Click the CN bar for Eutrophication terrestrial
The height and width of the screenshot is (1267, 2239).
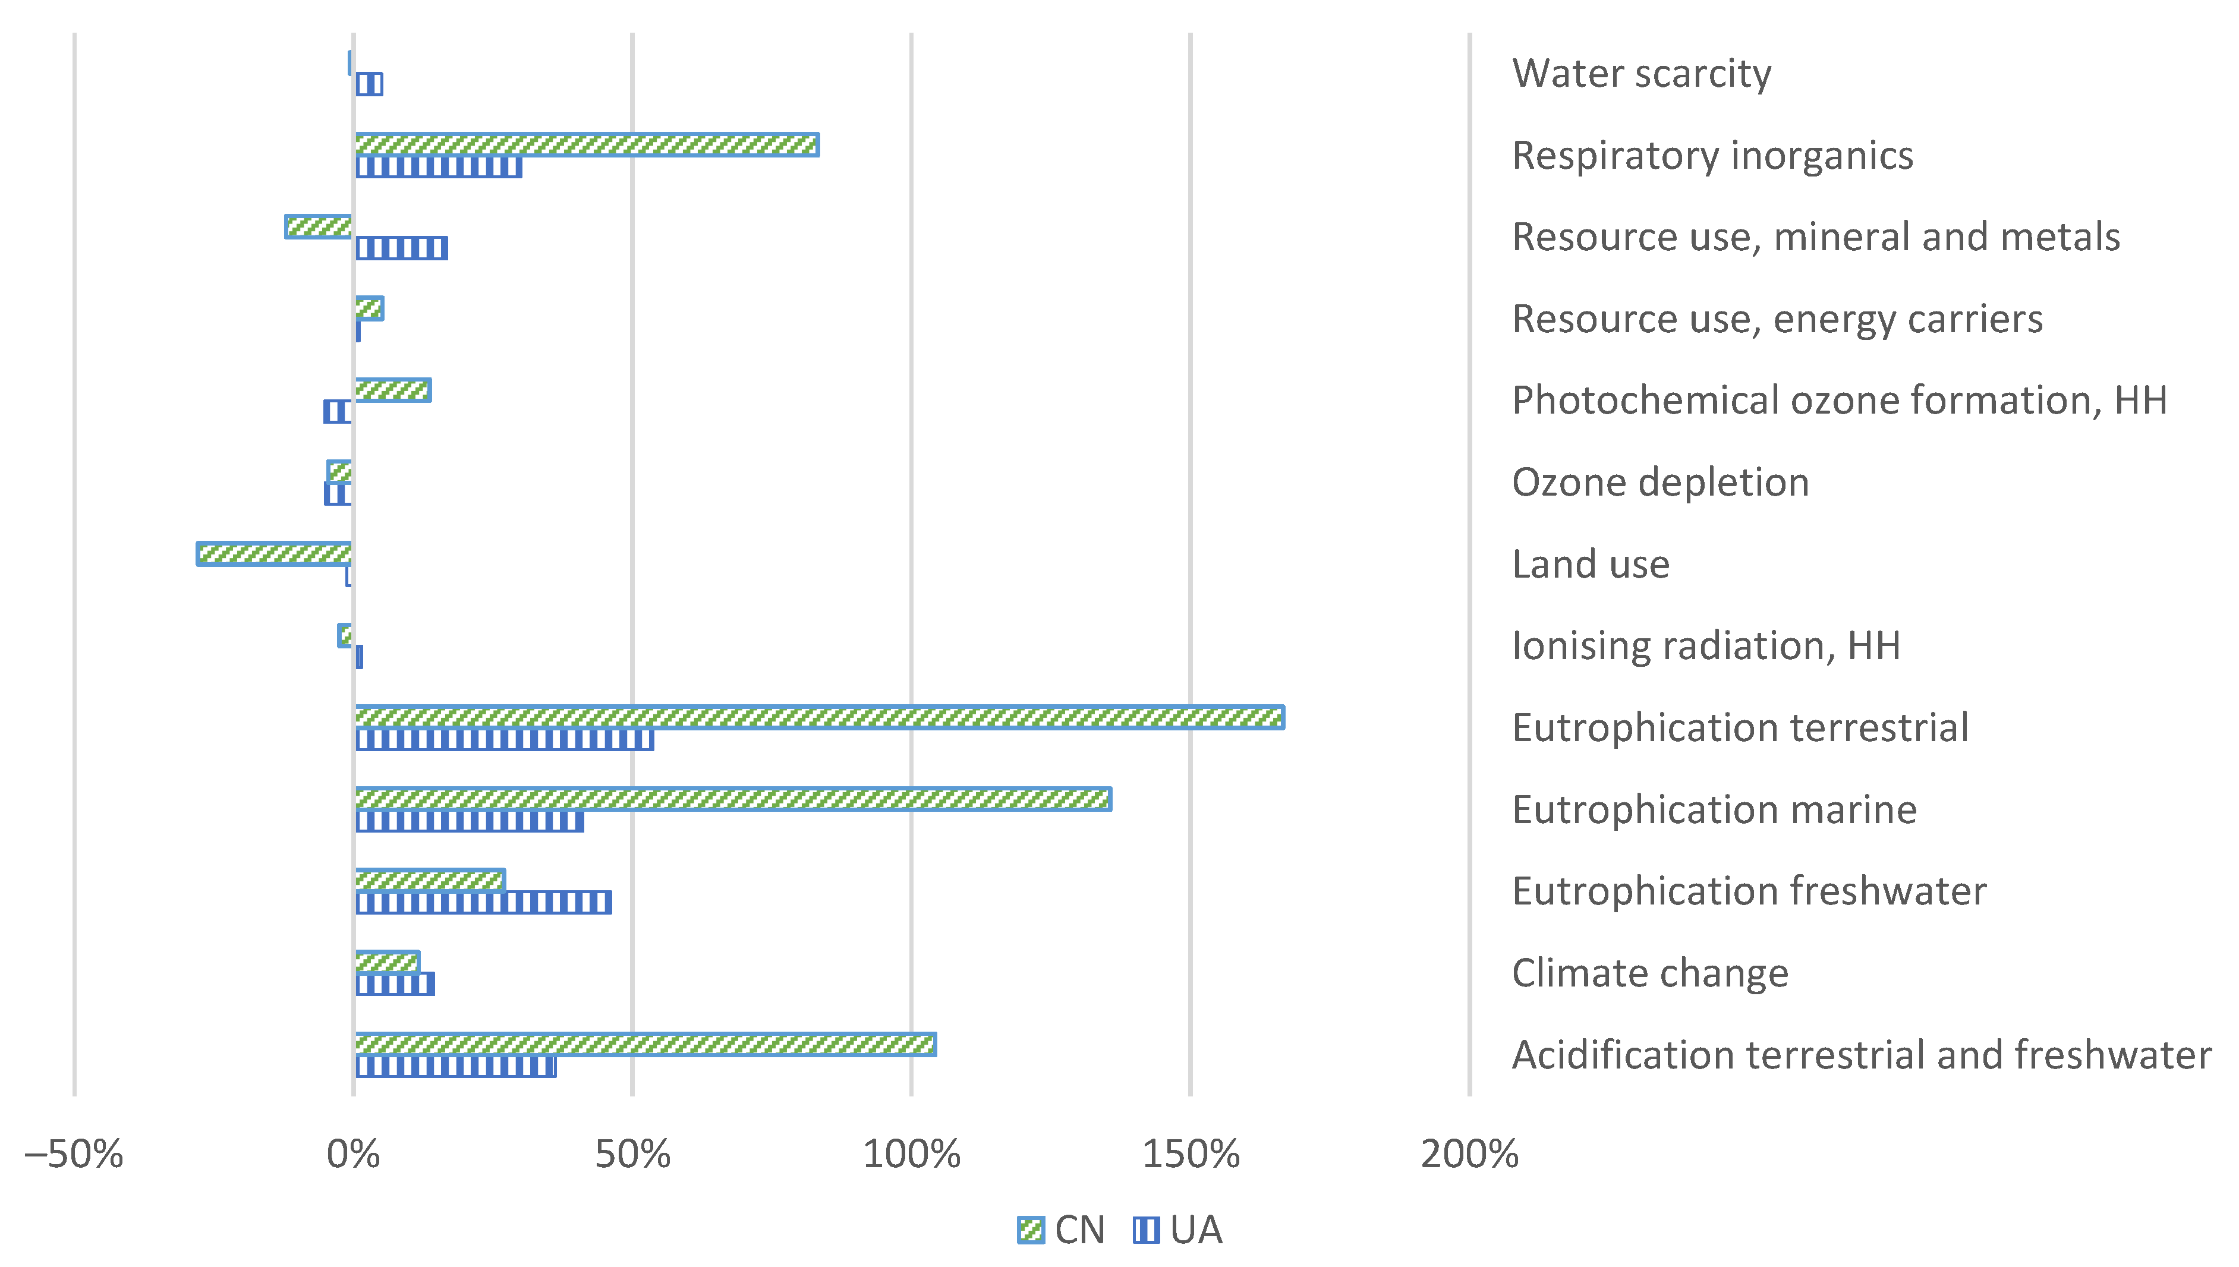818,717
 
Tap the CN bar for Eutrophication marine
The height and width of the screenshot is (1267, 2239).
732,799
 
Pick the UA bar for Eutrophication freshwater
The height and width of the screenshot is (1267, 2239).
483,902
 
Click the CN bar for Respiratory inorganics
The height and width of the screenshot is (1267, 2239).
587,144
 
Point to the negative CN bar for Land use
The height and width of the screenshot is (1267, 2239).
274,553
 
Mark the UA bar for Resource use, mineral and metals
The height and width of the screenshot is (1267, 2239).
401,248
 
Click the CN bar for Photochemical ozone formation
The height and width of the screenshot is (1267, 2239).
392,390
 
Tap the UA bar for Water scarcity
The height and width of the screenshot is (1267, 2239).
369,84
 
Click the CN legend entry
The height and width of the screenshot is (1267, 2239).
1062,1230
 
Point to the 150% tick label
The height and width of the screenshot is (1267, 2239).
1189,1155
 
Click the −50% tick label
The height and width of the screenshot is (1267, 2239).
73,1155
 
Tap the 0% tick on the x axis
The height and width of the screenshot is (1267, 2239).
353,1155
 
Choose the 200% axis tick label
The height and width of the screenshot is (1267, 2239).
1469,1155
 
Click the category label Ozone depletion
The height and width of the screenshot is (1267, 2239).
1659,482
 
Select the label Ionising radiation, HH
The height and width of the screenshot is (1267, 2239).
1706,645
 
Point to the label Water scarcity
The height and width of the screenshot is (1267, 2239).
1640,73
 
